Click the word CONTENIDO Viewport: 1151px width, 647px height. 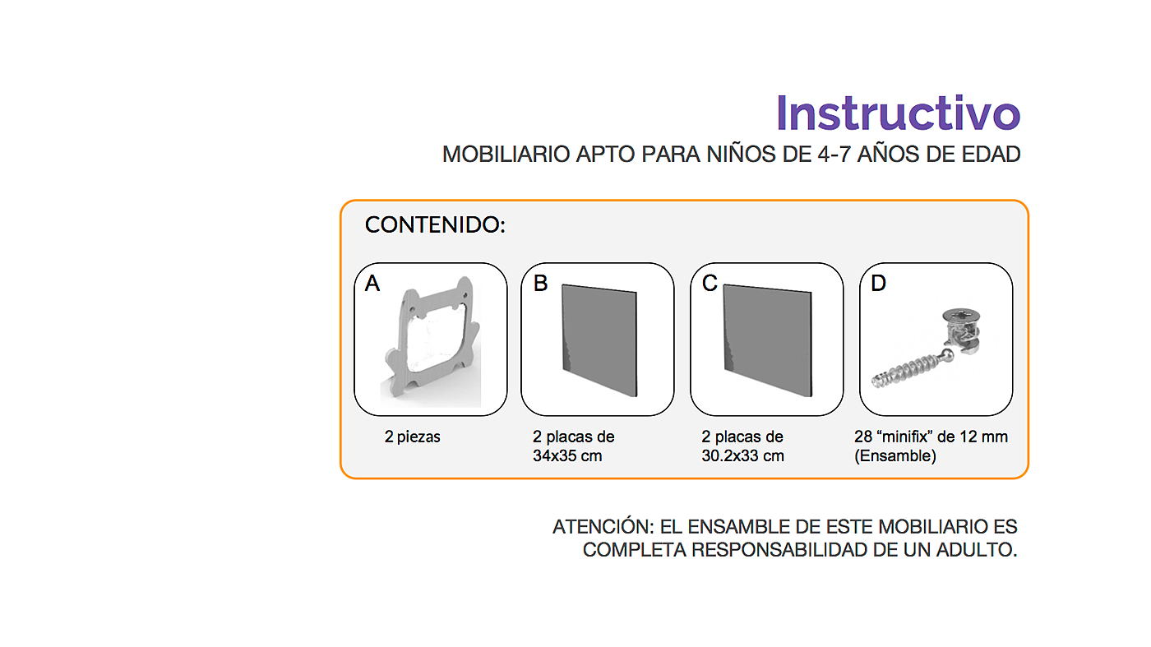point(432,225)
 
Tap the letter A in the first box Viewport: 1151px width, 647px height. point(372,283)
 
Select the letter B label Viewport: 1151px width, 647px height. point(541,283)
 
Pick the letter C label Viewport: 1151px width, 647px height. point(710,283)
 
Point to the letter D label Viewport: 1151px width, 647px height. point(879,283)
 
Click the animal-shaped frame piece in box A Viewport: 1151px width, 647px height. point(432,336)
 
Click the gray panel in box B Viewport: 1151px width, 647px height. point(599,340)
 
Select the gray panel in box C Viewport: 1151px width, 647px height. point(768,340)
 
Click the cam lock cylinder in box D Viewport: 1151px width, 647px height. point(962,330)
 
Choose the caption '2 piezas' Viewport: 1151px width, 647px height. point(412,437)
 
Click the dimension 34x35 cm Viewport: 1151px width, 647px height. point(567,455)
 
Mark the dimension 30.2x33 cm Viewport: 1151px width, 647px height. point(743,455)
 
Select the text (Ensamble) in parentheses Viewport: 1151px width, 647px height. point(895,455)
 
